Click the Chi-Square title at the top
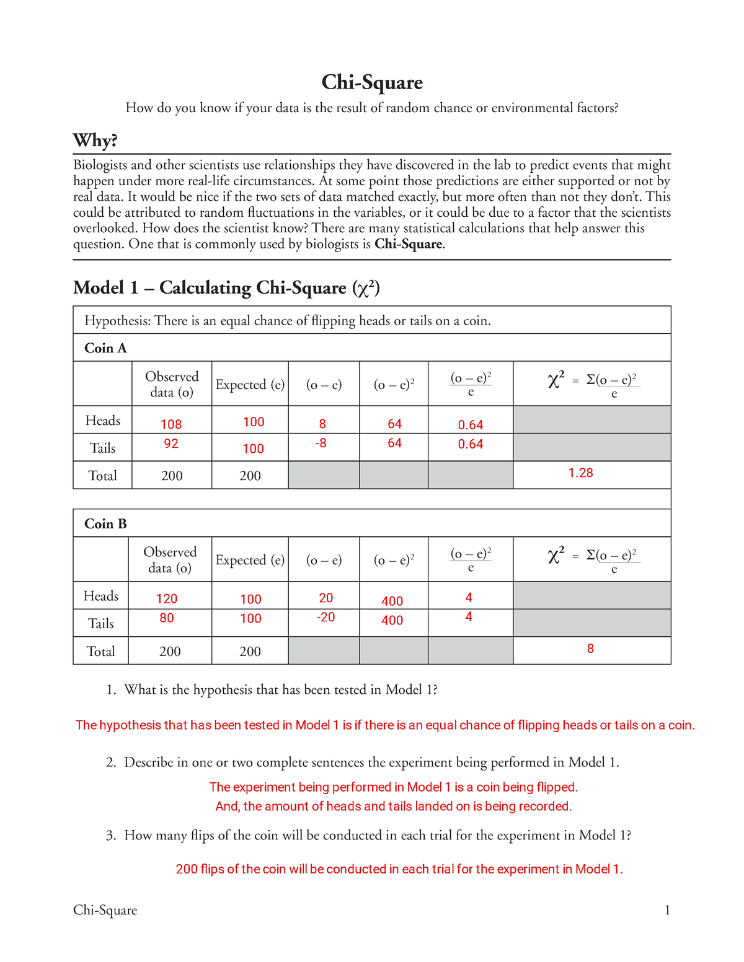[x=372, y=82]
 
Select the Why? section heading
[x=95, y=141]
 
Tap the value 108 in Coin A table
[x=171, y=424]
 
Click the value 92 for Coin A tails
[x=171, y=444]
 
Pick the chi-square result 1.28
[x=580, y=473]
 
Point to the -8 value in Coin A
[x=321, y=444]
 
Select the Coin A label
[x=105, y=348]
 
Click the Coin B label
[x=105, y=524]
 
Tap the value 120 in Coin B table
[x=167, y=599]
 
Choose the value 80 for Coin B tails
[x=167, y=618]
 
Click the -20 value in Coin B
[x=325, y=617]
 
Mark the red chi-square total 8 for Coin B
[x=590, y=649]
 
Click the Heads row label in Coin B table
[x=100, y=596]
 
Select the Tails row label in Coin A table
[x=103, y=448]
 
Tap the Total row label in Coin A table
[x=102, y=476]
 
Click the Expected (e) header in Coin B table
[x=250, y=560]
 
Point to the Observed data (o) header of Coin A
[x=172, y=384]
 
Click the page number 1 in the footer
[x=667, y=910]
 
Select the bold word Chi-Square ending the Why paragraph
[x=409, y=244]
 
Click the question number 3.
[x=110, y=836]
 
